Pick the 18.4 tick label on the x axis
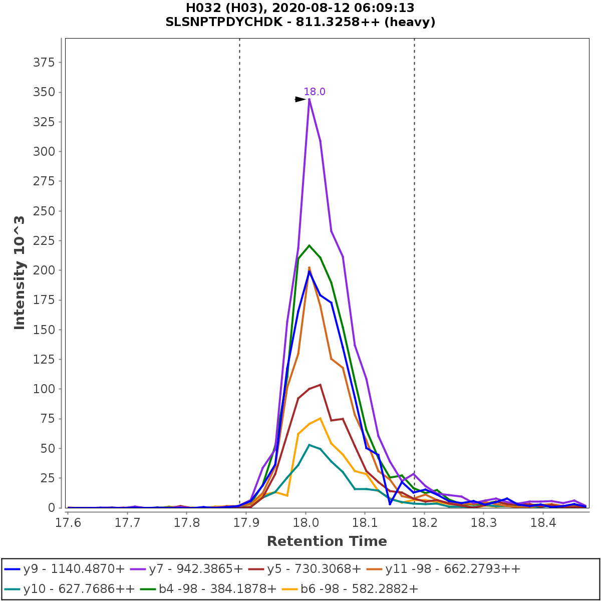point(543,522)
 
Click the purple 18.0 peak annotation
point(315,92)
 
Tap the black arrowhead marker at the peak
point(300,99)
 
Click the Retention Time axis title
point(327,541)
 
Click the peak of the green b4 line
point(309,245)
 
